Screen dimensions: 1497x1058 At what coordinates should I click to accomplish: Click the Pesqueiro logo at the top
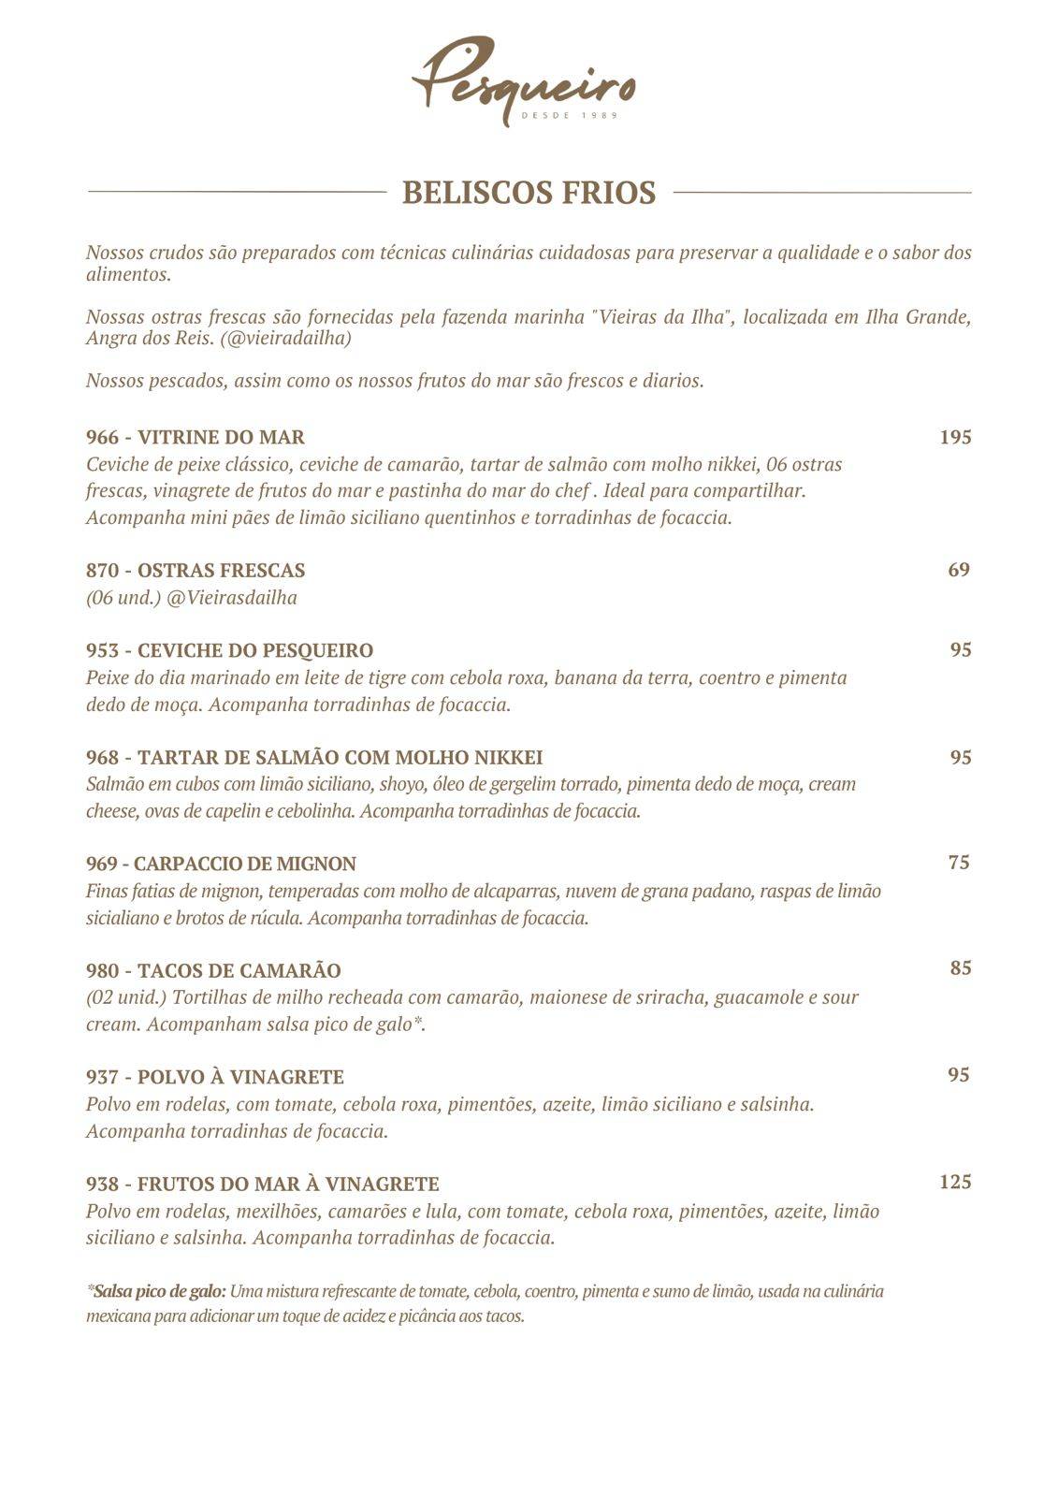tap(524, 80)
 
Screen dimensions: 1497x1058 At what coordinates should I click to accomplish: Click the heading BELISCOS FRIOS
tap(529, 193)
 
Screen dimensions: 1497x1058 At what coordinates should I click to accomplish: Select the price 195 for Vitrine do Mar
tap(955, 437)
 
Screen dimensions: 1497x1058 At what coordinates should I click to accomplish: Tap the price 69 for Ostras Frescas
tap(959, 570)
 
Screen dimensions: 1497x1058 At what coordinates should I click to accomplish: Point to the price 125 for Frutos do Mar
tap(955, 1182)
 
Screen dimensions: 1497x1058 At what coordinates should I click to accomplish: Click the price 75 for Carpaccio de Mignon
tap(959, 863)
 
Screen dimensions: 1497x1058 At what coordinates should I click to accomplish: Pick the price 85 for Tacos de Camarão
tap(961, 968)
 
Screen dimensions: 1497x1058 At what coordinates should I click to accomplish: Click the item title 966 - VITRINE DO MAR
tap(196, 437)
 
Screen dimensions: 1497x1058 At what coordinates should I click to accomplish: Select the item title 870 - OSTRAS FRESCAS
tap(196, 571)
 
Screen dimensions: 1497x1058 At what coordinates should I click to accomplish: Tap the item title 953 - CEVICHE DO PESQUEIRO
tap(229, 650)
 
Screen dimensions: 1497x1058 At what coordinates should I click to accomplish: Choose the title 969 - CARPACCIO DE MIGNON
tap(221, 864)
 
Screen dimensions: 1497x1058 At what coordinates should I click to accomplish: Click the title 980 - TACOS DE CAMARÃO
tap(213, 970)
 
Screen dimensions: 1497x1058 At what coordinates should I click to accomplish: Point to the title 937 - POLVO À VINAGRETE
tap(215, 1077)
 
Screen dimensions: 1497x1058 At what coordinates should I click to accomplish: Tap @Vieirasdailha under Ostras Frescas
tap(232, 598)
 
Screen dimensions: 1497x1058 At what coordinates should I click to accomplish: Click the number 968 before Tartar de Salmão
tap(102, 757)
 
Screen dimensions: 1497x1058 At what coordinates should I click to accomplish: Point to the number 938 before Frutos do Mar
tap(102, 1184)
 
